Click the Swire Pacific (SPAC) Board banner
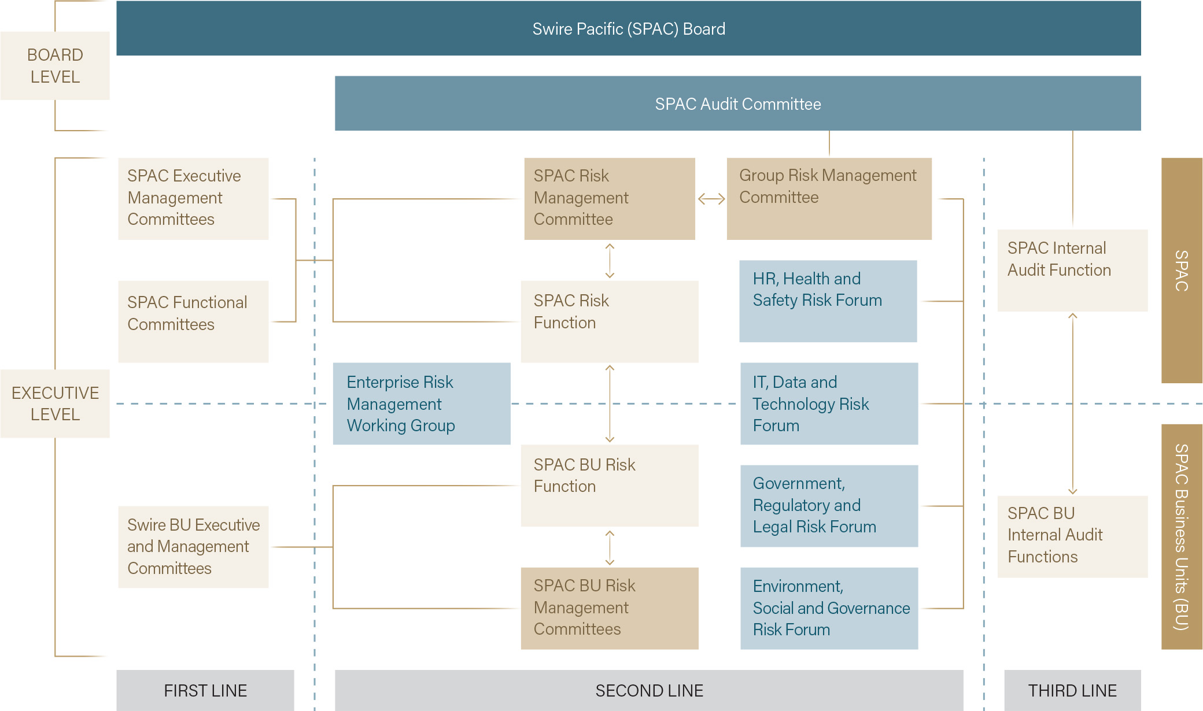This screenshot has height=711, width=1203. pyautogui.click(x=629, y=28)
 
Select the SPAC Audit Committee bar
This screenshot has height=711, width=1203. pyautogui.click(x=738, y=103)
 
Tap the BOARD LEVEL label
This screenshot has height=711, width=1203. pyautogui.click(x=55, y=66)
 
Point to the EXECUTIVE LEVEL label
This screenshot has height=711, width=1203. pyautogui.click(x=55, y=403)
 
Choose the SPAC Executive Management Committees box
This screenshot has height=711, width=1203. pyautogui.click(x=193, y=199)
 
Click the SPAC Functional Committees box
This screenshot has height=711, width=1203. pyautogui.click(x=193, y=321)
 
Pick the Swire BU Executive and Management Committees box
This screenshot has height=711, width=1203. pyautogui.click(x=193, y=547)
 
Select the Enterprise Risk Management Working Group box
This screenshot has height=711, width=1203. pyautogui.click(x=422, y=403)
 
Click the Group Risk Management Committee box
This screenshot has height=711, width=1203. pyautogui.click(x=829, y=199)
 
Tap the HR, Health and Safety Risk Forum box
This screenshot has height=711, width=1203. pyautogui.click(x=828, y=301)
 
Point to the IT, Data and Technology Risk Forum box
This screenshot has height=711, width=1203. pyautogui.click(x=829, y=403)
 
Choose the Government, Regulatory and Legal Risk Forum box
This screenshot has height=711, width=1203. pyautogui.click(x=829, y=506)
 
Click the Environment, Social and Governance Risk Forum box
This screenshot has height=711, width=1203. pyautogui.click(x=829, y=608)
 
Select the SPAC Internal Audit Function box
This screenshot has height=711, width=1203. pyautogui.click(x=1073, y=271)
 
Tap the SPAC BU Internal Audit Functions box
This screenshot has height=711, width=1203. pyautogui.click(x=1073, y=536)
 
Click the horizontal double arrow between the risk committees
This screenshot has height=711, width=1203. pyautogui.click(x=711, y=199)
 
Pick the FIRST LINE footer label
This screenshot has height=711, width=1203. pyautogui.click(x=205, y=690)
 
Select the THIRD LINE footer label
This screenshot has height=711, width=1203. pyautogui.click(x=1073, y=690)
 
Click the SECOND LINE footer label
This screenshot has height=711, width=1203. pyautogui.click(x=649, y=690)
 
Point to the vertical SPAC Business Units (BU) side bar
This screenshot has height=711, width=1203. pyautogui.click(x=1182, y=536)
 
